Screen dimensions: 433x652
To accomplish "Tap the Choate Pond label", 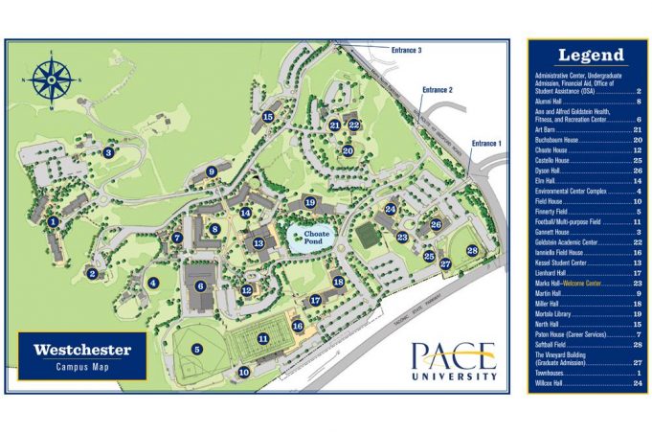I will [317, 237].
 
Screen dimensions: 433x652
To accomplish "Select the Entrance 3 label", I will [407, 50].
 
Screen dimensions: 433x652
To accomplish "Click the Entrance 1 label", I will [485, 144].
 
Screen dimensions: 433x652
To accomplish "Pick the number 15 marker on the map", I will [268, 117].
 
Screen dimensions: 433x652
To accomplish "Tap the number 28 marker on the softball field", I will [472, 250].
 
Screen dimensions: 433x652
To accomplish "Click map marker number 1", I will [54, 221].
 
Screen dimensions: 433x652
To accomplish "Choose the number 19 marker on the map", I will [309, 202].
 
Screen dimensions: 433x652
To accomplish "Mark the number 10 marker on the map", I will [244, 372].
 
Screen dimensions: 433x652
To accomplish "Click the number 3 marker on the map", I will [109, 152].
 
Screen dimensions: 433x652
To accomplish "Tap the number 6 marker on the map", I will [201, 285].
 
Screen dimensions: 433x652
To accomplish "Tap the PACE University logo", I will [454, 362].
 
